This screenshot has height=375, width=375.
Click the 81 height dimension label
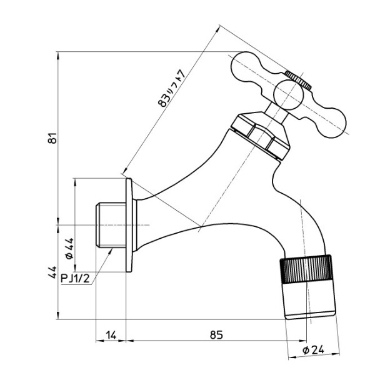point(54,139)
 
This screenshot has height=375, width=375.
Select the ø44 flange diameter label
point(69,248)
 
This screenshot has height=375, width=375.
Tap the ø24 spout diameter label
point(312,350)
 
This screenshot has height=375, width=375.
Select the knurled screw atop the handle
point(297,79)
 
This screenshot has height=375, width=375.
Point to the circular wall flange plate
point(129,225)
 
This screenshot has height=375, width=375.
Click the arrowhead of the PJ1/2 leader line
point(112,249)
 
